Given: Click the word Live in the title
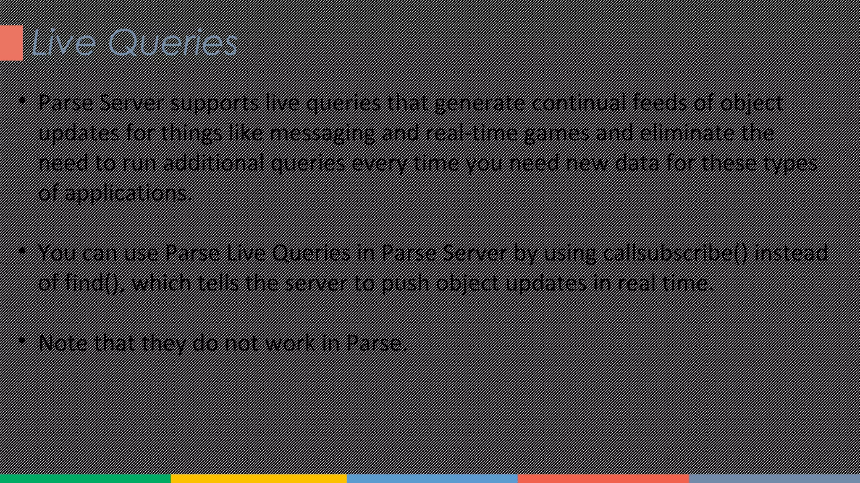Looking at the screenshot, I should click(x=63, y=42).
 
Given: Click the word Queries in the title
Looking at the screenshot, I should click(x=173, y=43).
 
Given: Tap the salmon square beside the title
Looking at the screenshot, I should click(x=11, y=43).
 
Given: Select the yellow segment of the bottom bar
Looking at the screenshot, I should click(x=259, y=478).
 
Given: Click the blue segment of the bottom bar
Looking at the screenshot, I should click(x=432, y=478).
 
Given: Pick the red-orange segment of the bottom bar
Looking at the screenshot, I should click(x=603, y=478).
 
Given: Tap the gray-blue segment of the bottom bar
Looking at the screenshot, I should click(x=774, y=478).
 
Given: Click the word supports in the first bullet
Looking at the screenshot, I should click(x=214, y=103).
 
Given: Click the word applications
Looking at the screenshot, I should click(x=128, y=193).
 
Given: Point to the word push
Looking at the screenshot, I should click(x=405, y=283).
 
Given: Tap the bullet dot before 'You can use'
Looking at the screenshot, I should click(x=23, y=251).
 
